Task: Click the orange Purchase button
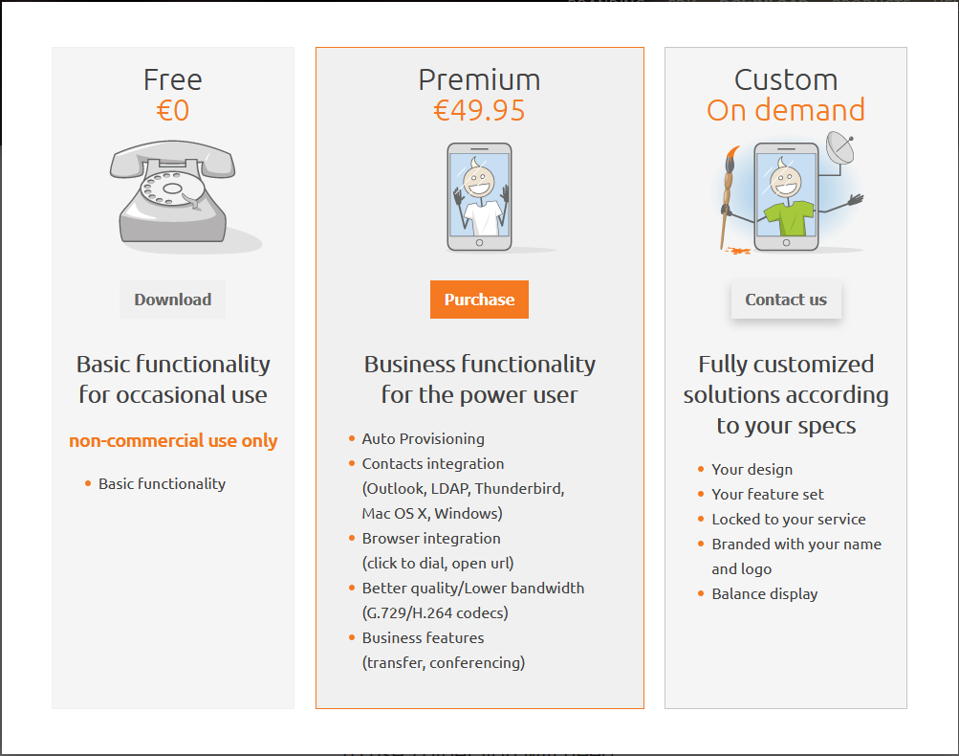(479, 300)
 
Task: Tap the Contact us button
(786, 300)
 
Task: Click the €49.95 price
(479, 111)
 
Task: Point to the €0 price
(172, 111)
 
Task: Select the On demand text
(786, 110)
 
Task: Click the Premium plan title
(480, 80)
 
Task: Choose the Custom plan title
(786, 80)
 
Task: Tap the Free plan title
(172, 80)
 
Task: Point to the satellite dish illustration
(840, 147)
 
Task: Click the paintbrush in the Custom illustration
(728, 197)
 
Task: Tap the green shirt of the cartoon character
(789, 218)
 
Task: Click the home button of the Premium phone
(480, 243)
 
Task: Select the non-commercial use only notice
(173, 441)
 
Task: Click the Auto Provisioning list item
(424, 439)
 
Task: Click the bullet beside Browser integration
(352, 538)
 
